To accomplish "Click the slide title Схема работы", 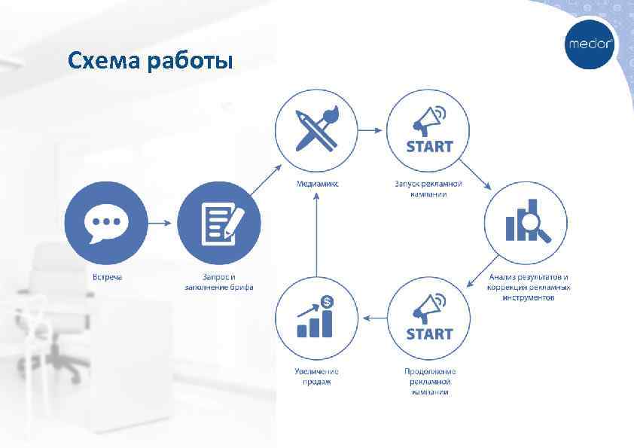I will click(150, 61).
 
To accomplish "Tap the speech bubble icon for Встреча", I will click(105, 224).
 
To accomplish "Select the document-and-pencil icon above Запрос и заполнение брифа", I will click(219, 224).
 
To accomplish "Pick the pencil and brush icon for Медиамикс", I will click(316, 130).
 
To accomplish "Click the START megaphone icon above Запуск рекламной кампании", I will click(429, 130).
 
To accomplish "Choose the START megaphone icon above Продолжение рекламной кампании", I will click(429, 317).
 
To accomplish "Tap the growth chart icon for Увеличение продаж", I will click(316, 317).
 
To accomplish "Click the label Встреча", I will click(107, 276).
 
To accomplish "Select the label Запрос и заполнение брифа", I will click(219, 282).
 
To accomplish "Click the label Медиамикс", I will click(316, 184).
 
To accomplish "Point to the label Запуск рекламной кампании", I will click(429, 188).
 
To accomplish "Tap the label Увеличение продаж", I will click(316, 376).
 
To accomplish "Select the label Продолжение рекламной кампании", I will click(430, 381).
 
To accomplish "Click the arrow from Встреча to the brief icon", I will click(162, 224).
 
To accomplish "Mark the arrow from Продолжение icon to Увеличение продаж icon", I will click(373, 318).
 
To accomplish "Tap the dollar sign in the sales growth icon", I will click(327, 301).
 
